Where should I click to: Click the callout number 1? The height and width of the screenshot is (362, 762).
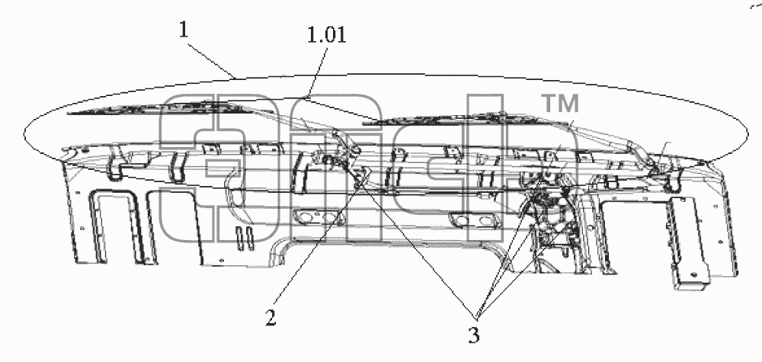(x=184, y=30)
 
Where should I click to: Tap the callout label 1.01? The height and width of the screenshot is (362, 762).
(x=327, y=35)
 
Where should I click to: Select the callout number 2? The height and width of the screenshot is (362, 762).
(x=271, y=319)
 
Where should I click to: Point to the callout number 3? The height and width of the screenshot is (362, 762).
(x=474, y=335)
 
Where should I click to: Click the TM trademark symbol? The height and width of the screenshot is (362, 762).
(x=560, y=104)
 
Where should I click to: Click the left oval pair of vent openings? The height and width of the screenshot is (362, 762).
(x=316, y=219)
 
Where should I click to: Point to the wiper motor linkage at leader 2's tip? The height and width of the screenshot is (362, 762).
(x=360, y=179)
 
